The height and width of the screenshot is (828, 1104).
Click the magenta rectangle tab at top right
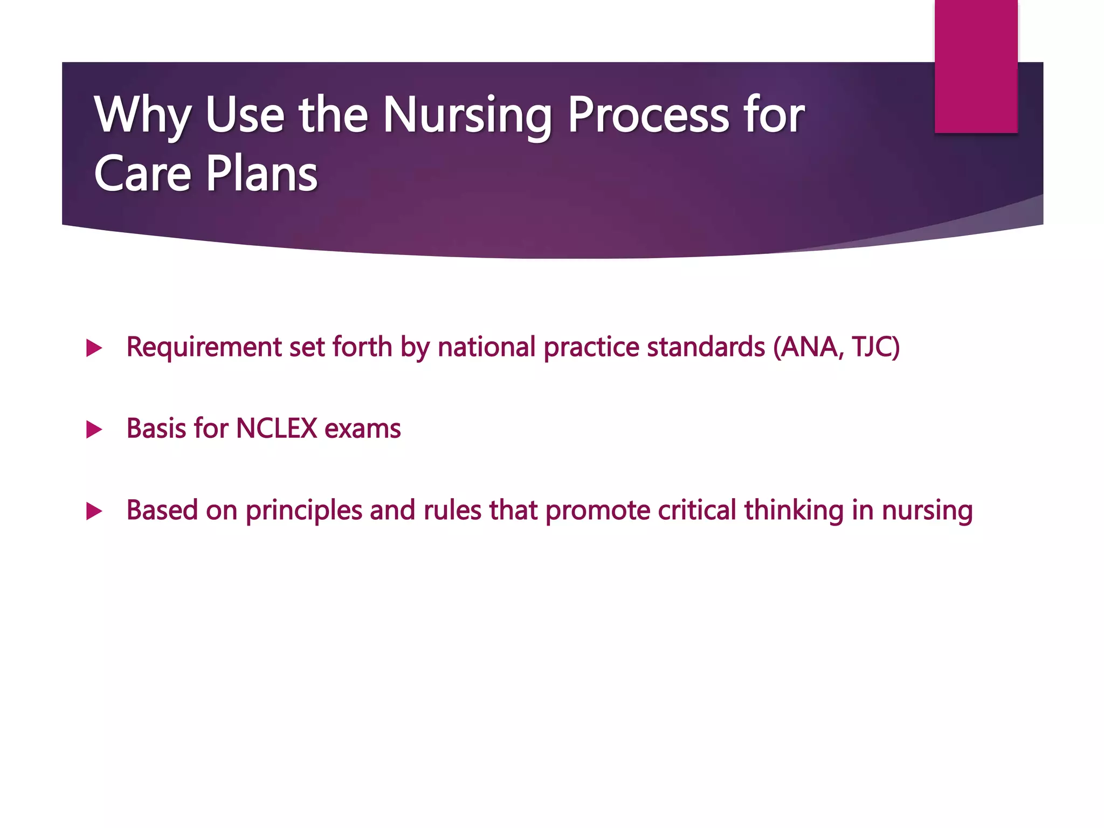(976, 66)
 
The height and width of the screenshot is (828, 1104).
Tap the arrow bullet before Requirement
(94, 348)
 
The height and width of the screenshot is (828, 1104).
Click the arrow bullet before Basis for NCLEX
(94, 430)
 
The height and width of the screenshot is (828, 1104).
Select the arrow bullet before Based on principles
(94, 511)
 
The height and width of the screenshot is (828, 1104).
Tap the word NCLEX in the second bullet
(277, 429)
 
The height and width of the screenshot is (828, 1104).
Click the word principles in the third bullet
(303, 510)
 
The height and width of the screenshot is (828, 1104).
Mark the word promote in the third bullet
(598, 510)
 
